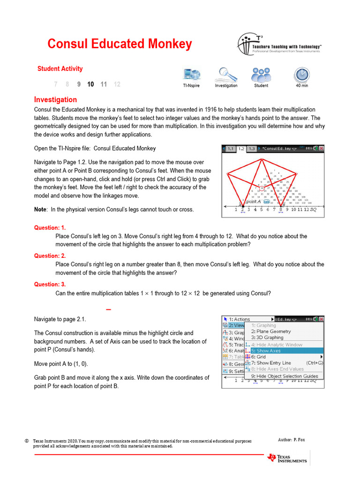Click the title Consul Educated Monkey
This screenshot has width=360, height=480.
pyautogui.click(x=120, y=44)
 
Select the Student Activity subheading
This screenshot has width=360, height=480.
pyautogui.click(x=60, y=69)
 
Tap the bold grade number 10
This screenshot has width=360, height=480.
pyautogui.click(x=90, y=84)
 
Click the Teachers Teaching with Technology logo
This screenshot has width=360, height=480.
pyautogui.click(x=279, y=45)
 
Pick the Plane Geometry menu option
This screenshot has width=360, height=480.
pyautogui.click(x=274, y=331)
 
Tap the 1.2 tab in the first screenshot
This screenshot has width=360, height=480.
pyautogui.click(x=241, y=149)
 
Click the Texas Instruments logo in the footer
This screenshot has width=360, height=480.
pyautogui.click(x=287, y=458)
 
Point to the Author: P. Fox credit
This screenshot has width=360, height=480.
pyautogui.click(x=291, y=440)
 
